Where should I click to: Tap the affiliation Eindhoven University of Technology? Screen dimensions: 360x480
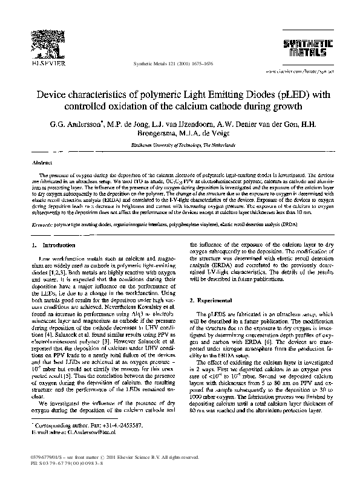coord(180,147)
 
